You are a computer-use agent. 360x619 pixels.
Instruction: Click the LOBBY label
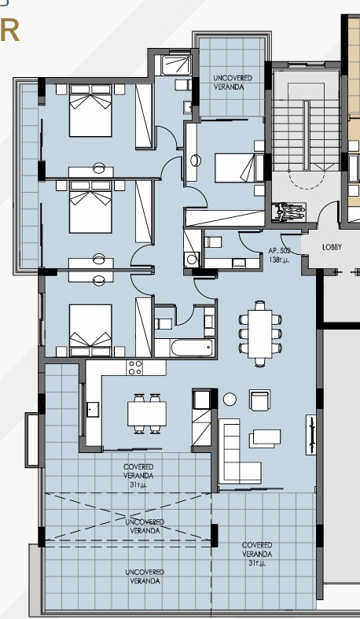point(332,248)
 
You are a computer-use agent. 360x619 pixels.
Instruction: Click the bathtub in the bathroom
point(192,348)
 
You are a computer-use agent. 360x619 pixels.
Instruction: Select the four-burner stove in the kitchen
point(135,368)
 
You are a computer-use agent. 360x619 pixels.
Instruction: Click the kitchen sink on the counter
point(93,409)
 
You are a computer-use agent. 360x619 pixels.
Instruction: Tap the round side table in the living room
point(230,399)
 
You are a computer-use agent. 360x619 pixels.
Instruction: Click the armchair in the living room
point(260,400)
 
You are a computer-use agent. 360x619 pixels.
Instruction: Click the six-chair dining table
point(260,334)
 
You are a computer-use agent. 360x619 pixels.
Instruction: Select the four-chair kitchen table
point(147,414)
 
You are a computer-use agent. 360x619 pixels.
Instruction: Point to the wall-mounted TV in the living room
point(311,435)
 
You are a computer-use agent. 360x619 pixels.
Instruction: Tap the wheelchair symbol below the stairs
point(289,212)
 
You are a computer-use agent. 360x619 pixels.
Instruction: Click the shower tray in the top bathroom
point(176,64)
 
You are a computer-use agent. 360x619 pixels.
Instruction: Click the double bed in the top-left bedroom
point(90,110)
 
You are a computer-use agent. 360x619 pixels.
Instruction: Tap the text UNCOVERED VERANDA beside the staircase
point(232,83)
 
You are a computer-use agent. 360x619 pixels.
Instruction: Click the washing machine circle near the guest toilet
point(192,260)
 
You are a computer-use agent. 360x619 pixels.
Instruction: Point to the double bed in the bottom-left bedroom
point(90,330)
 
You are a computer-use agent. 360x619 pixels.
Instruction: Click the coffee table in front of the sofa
point(265,438)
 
